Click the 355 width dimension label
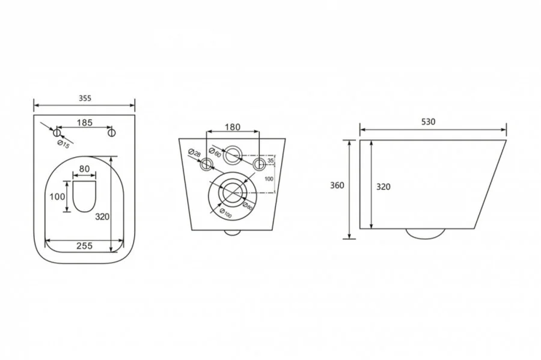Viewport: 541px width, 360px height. click(x=85, y=99)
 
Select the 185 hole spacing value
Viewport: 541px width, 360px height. click(x=85, y=123)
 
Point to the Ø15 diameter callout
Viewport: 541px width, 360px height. click(x=64, y=145)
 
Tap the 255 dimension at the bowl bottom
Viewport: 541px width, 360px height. click(x=85, y=246)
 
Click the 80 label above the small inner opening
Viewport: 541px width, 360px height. click(x=84, y=169)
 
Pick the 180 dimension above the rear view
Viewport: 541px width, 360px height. click(x=233, y=127)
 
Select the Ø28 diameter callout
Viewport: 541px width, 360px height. click(x=195, y=153)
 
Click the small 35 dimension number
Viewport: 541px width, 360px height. click(x=271, y=160)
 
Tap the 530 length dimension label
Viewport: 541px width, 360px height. click(x=428, y=122)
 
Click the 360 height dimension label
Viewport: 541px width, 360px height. click(x=337, y=186)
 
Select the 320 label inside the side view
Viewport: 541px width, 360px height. click(x=383, y=187)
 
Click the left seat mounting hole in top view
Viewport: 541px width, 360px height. click(x=57, y=133)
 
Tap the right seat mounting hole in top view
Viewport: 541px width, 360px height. click(x=111, y=133)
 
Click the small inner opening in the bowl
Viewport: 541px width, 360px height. click(x=84, y=196)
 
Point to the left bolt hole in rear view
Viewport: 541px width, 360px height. click(x=206, y=164)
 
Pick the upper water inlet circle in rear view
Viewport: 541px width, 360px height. click(x=233, y=154)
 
